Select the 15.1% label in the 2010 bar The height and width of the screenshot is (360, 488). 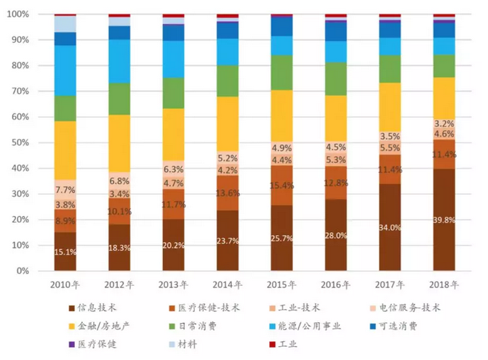[x=65, y=252]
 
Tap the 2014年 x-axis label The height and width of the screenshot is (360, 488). [x=228, y=284]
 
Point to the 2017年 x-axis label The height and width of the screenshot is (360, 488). [x=390, y=284]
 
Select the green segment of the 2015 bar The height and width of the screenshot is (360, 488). [x=281, y=73]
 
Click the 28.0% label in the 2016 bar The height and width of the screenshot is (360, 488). [x=336, y=235]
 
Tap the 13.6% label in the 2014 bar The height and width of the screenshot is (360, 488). [x=228, y=193]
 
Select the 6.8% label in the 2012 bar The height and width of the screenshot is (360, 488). [x=119, y=180]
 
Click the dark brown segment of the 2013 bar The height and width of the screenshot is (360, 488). [x=173, y=245]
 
